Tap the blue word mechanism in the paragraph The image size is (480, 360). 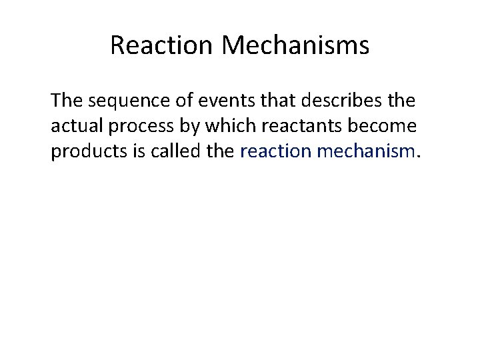click(366, 151)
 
